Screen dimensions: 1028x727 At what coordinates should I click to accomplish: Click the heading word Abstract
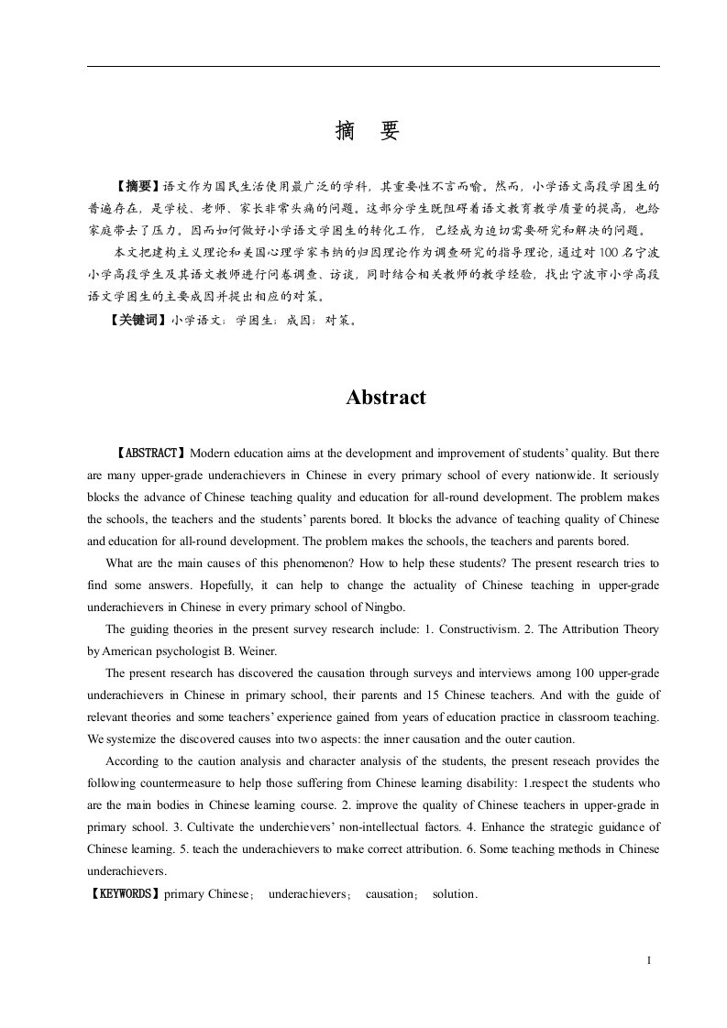tap(385, 398)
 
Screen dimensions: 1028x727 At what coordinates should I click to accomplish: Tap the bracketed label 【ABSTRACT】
tap(152, 453)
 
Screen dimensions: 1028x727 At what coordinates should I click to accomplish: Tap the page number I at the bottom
tap(648, 960)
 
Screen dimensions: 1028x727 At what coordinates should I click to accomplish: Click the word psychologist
tap(188, 651)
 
